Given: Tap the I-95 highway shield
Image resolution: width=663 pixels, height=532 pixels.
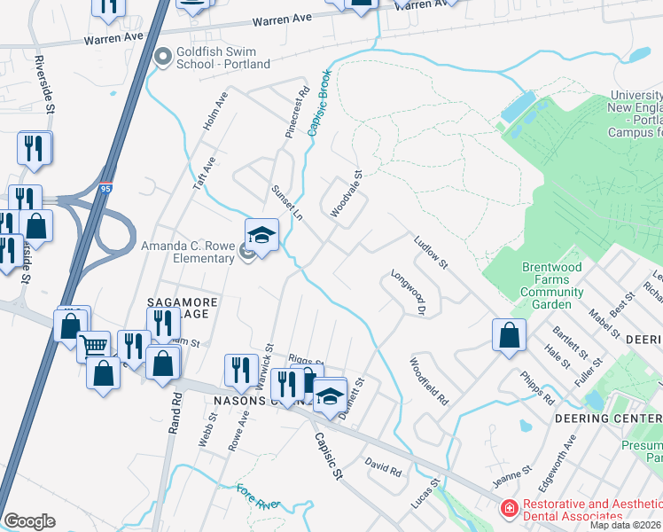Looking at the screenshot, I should pyautogui.click(x=107, y=189).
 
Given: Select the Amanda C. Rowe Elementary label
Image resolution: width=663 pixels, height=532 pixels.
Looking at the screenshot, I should pyautogui.click(x=187, y=252).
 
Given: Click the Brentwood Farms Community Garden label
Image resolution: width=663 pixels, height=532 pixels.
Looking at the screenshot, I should pyautogui.click(x=551, y=286).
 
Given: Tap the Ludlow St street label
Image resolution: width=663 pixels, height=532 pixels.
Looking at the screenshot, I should pyautogui.click(x=433, y=252).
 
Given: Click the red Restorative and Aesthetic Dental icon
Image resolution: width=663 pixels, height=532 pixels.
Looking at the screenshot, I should pyautogui.click(x=509, y=509).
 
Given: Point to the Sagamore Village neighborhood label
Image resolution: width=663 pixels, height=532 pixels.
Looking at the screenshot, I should pyautogui.click(x=182, y=308).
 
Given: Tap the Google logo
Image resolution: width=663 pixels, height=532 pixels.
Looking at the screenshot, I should pyautogui.click(x=28, y=521).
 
